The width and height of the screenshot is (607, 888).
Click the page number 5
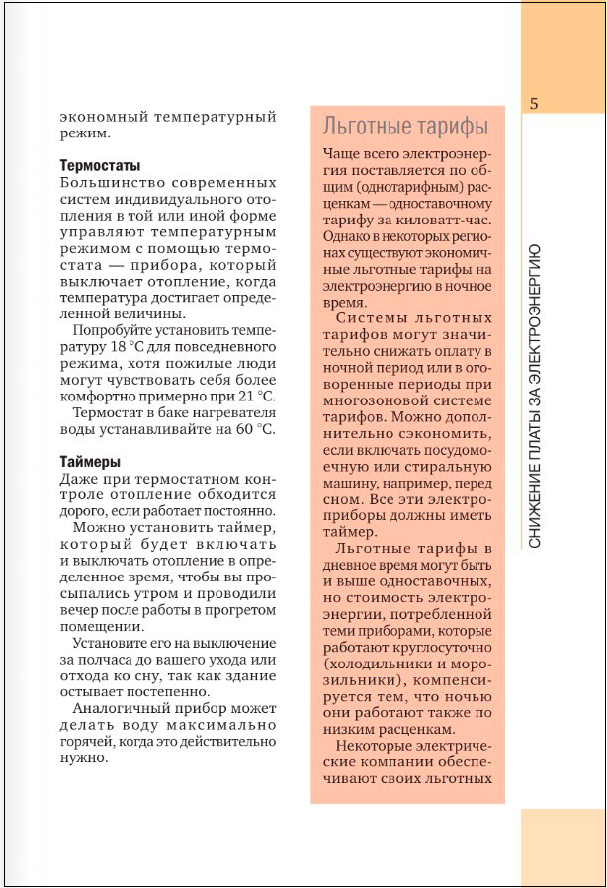(x=533, y=103)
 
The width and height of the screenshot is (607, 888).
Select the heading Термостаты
(x=100, y=165)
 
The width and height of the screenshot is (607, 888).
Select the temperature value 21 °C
(x=254, y=395)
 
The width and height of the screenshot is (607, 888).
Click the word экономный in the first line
(x=99, y=117)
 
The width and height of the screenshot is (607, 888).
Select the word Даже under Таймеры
(x=79, y=479)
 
